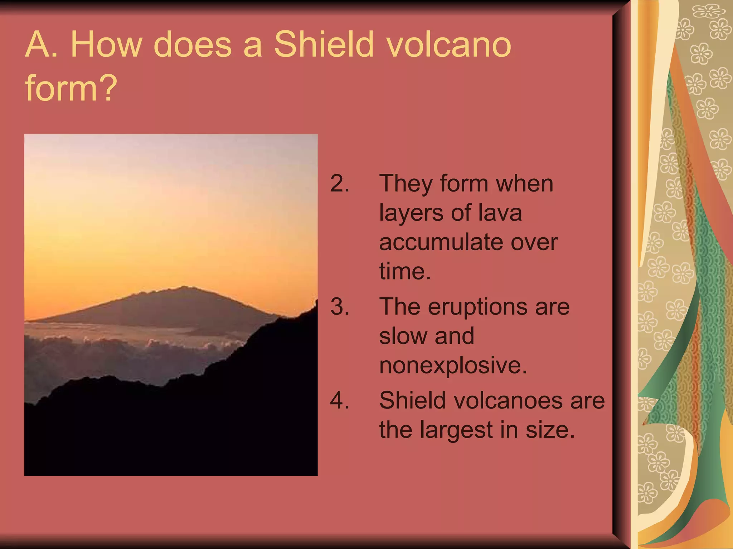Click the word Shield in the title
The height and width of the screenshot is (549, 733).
point(324,45)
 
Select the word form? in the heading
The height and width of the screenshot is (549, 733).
point(71,88)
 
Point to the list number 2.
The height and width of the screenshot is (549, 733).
point(339,184)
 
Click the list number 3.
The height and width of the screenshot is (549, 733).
point(339,307)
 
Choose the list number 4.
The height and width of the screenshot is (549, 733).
point(339,400)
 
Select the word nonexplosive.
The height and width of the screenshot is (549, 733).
point(453,365)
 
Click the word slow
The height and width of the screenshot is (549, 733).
point(401,336)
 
